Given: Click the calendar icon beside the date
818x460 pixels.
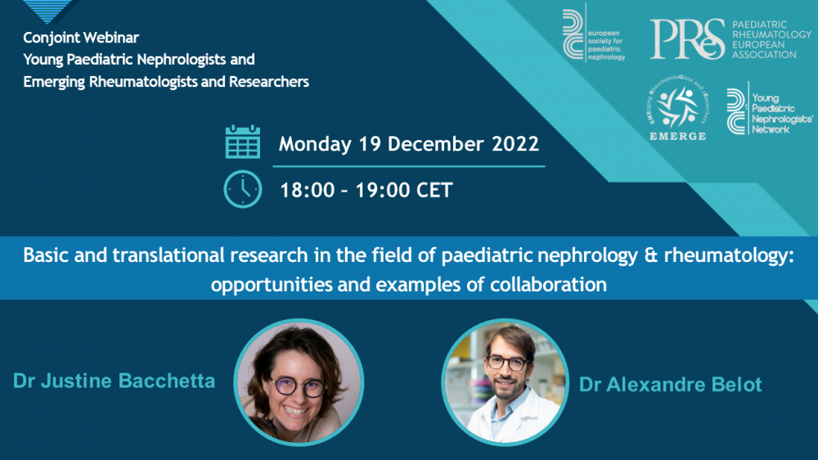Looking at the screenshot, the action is (243, 142).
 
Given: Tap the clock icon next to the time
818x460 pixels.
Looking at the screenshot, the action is (243, 189).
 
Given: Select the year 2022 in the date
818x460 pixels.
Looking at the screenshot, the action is (515, 144).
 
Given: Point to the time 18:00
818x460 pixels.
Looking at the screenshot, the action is (308, 190).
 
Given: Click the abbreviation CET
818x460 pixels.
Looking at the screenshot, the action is (434, 190).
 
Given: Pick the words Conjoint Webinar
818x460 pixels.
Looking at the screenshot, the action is (81, 38).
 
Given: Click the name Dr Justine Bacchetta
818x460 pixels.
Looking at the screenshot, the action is (114, 381).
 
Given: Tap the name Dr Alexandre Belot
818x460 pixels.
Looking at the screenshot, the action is (671, 385).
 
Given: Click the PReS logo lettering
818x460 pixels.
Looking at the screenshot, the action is (687, 39).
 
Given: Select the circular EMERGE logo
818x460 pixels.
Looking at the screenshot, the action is (677, 107).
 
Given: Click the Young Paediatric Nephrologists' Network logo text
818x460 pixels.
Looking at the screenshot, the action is (781, 114).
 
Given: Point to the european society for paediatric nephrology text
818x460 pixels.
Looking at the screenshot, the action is (606, 45).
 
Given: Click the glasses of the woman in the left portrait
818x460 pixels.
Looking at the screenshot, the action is (298, 387).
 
